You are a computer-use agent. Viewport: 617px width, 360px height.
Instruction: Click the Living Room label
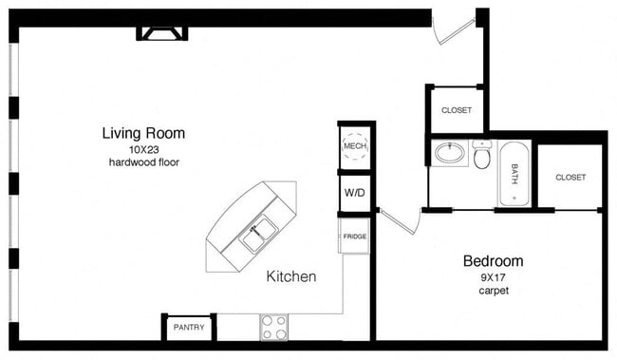pos(143,133)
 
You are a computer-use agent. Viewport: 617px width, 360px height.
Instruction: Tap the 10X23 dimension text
pos(143,148)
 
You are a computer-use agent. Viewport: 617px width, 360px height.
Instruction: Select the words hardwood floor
pos(143,162)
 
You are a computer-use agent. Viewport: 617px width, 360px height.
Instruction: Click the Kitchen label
pos(290,276)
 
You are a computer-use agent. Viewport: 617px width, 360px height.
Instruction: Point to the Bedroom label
pos(493,260)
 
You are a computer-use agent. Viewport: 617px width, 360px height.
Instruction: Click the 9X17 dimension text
pos(493,276)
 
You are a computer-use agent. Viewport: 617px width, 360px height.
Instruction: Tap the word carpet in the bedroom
pos(493,291)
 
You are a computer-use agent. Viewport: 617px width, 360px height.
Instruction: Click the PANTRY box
pos(189,328)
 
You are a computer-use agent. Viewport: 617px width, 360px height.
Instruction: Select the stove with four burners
pos(273,328)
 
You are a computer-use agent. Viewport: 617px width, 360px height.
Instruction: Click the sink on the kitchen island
pos(257,232)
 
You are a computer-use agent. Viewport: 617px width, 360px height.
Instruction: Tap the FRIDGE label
pos(355,237)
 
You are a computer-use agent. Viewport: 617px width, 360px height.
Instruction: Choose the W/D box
pos(354,194)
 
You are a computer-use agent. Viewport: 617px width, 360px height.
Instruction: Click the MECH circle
pos(354,147)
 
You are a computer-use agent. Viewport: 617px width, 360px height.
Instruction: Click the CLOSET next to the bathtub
pos(570,177)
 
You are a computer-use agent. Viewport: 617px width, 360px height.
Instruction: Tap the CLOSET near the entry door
pos(457,110)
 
